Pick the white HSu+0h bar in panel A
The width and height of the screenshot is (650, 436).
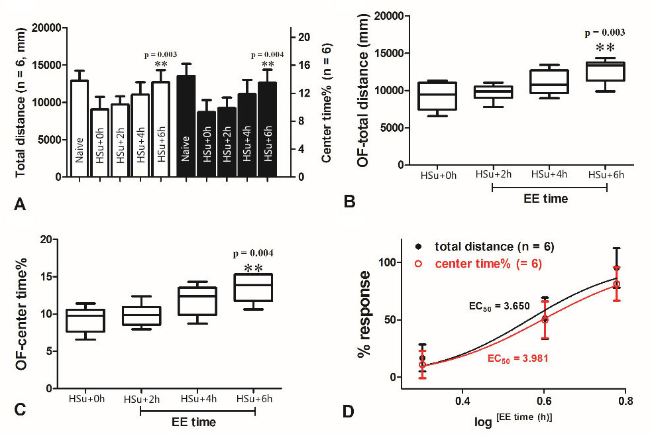point(99,142)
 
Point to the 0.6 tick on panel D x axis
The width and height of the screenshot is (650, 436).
point(543,402)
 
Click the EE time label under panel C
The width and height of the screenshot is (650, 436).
point(197,421)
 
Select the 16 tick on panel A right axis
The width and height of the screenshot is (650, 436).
point(302,65)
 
